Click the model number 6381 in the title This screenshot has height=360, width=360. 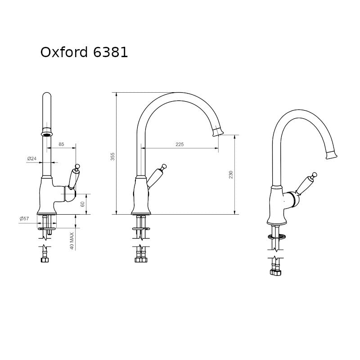[x=111, y=52]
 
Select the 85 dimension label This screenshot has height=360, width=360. [x=62, y=144]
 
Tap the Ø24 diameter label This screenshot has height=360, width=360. [x=31, y=158]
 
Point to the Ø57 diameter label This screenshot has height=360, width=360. [x=24, y=219]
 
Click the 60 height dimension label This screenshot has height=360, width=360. [x=82, y=204]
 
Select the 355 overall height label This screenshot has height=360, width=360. [x=113, y=156]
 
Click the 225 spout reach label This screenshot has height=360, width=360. [x=180, y=144]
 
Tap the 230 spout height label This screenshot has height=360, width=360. [x=230, y=175]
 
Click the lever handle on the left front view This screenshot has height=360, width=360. [x=74, y=178]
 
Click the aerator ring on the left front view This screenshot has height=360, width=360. [x=47, y=133]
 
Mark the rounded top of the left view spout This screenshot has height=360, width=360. [x=47, y=95]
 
